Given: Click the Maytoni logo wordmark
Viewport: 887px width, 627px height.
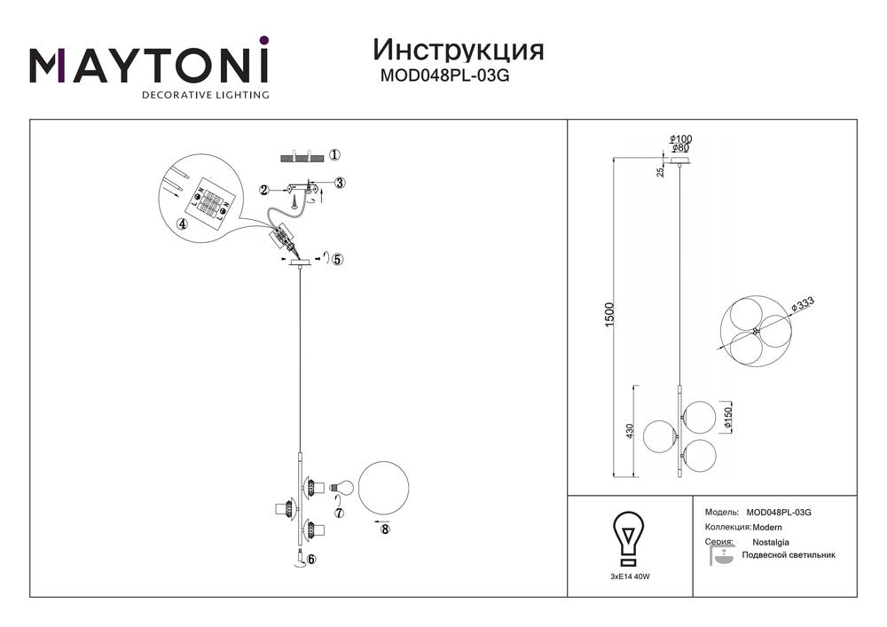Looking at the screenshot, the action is tap(149, 67).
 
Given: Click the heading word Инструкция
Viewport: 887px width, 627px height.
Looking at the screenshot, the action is tap(459, 51).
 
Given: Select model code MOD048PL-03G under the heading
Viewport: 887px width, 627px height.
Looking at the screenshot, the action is tap(444, 75).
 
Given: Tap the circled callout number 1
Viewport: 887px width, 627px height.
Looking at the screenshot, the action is tap(334, 154).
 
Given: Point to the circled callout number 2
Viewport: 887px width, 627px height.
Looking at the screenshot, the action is tap(263, 190).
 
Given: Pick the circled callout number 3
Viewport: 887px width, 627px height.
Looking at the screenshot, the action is tap(340, 183).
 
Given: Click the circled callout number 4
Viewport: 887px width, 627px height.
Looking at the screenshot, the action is tap(182, 223).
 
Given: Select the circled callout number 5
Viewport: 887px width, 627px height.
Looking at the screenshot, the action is tap(338, 260).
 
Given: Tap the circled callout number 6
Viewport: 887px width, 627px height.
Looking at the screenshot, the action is tap(310, 559).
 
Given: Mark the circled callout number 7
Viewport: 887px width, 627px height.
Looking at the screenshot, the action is tap(340, 513).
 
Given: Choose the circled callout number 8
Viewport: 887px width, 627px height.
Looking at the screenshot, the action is tap(385, 529).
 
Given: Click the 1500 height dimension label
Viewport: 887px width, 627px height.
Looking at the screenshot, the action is tap(609, 315).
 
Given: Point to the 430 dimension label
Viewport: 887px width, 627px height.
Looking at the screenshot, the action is tap(631, 432).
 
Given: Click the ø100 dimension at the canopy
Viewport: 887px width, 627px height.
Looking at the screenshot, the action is tap(680, 139).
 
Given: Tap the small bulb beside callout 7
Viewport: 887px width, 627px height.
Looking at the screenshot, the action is tap(342, 486).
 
